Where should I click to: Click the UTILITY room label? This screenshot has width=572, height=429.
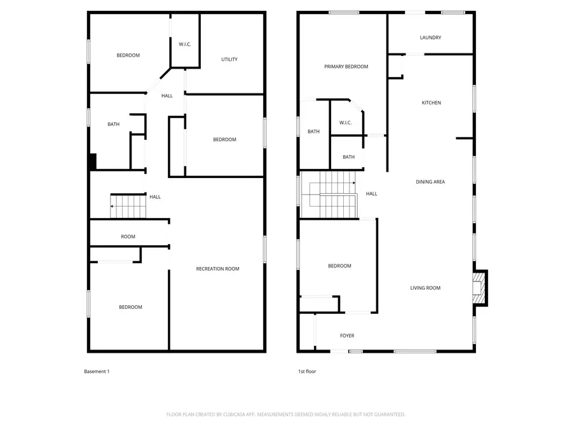[x=229, y=60]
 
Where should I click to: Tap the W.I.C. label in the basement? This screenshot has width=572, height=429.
[x=185, y=44]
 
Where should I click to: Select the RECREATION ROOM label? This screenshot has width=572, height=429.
[x=217, y=269]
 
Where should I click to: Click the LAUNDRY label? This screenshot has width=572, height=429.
[x=430, y=37]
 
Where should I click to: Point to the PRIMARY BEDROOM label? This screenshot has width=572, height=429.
[x=346, y=67]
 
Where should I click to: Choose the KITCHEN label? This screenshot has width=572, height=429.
[x=432, y=103]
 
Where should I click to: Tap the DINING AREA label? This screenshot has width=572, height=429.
[x=430, y=182]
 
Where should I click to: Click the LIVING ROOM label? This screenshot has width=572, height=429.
[x=425, y=289]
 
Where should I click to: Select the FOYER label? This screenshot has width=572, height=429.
[x=347, y=336]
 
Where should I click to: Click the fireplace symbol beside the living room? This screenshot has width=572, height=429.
[x=480, y=288]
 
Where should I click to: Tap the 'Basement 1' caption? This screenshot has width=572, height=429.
[x=97, y=372]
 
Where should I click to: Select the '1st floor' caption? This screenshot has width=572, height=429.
[x=307, y=372]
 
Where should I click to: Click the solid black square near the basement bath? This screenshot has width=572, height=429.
[x=92, y=162]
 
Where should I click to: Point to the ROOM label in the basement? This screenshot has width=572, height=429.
[x=128, y=237]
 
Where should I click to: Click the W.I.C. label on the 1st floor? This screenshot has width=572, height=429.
[x=346, y=123]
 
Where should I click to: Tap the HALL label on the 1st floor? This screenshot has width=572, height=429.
[x=372, y=194]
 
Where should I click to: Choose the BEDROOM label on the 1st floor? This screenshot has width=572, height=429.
[x=339, y=266]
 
